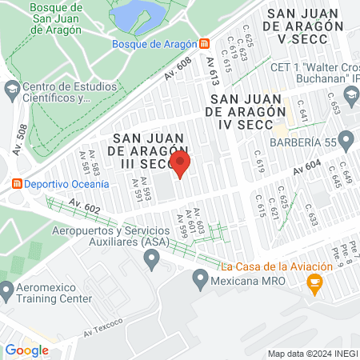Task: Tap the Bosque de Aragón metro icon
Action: [x=205, y=43]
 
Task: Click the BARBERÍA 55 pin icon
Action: [x=346, y=142]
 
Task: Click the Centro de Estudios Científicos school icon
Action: [x=12, y=90]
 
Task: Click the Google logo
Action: [x=27, y=350]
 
